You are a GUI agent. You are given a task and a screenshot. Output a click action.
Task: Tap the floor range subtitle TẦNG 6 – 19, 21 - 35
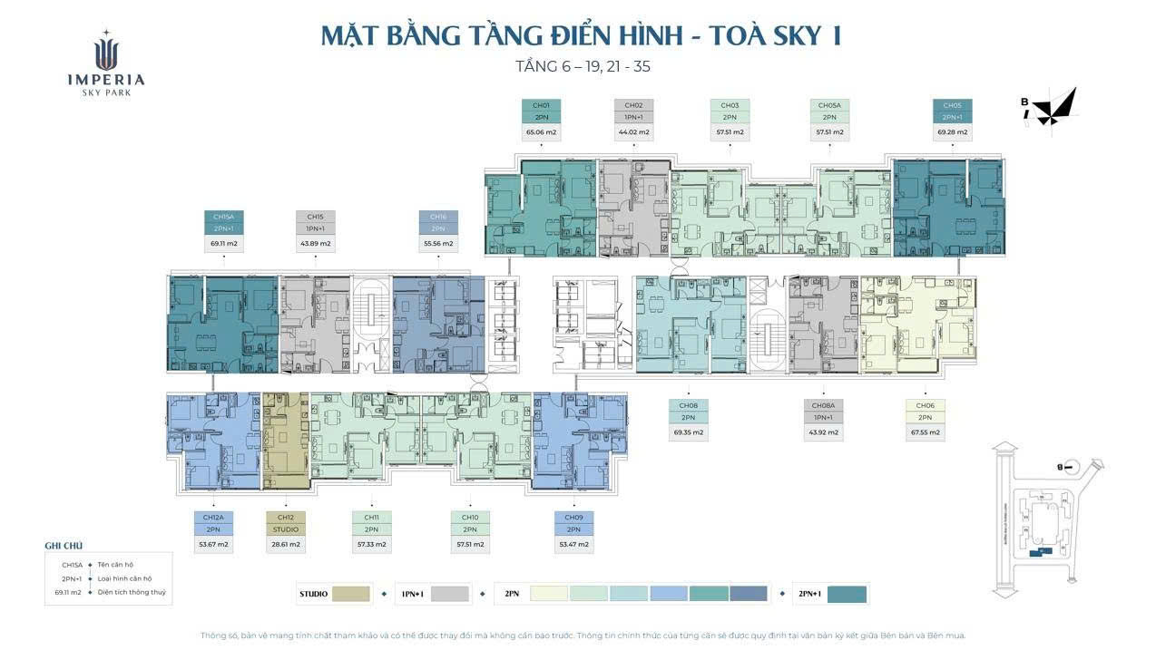(582, 66)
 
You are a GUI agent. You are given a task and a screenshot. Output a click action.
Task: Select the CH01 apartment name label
(541, 105)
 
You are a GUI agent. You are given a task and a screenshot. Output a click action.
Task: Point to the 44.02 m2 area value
(633, 132)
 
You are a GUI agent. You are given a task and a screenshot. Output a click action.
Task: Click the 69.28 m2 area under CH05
(952, 132)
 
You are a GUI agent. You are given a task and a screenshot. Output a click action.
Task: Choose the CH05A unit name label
(829, 105)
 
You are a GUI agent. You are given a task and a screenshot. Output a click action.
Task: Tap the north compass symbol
(1053, 108)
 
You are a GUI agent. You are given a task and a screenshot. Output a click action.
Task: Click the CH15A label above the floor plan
(223, 217)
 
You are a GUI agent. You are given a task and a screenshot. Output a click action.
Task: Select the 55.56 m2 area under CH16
(438, 244)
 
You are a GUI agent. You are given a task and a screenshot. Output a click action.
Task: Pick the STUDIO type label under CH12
(286, 529)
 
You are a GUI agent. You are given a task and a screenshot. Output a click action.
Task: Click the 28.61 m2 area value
(286, 545)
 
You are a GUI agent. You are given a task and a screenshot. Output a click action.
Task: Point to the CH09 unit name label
(573, 517)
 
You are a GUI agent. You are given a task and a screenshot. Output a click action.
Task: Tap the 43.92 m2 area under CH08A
(823, 432)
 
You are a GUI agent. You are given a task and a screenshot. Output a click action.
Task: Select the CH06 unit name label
(925, 405)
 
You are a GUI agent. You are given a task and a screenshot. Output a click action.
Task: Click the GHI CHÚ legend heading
(64, 546)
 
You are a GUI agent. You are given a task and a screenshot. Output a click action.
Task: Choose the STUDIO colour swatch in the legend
(351, 595)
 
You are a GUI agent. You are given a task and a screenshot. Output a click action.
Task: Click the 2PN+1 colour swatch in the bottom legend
(847, 595)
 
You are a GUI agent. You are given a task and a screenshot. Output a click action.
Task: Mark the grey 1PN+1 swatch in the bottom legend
(450, 595)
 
